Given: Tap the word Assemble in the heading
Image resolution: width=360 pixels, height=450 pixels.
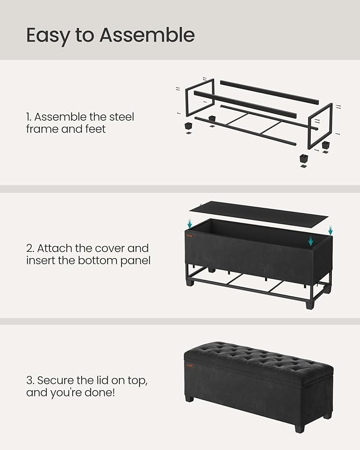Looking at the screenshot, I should pyautogui.click(x=147, y=36).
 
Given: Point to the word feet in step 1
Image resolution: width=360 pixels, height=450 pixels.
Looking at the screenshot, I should pyautogui.click(x=95, y=129).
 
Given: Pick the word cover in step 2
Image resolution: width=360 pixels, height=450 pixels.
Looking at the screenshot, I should pyautogui.click(x=125, y=248).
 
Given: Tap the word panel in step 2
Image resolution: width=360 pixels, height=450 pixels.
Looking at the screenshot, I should pyautogui.click(x=136, y=260).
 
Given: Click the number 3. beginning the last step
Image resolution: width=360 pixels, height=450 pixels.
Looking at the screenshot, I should pyautogui.click(x=30, y=380).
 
